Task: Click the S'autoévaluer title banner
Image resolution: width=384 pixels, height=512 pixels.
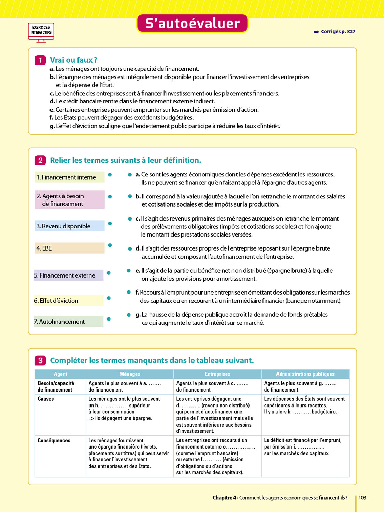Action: tap(192, 23)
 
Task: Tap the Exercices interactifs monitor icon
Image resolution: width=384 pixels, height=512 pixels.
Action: tap(41, 32)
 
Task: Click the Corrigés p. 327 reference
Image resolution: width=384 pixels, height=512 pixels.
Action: tap(335, 32)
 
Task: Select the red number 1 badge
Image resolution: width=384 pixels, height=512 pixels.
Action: tap(40, 60)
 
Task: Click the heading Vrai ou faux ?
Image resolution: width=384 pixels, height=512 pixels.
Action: tap(73, 60)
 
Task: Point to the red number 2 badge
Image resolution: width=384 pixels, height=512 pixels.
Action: tap(40, 160)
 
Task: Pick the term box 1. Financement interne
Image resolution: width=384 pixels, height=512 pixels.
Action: tap(70, 177)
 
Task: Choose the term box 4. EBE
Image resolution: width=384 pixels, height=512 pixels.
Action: tap(70, 248)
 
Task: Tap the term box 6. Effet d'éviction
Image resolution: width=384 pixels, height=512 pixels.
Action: tap(68, 301)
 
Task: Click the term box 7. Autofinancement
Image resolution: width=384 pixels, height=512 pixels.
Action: tap(68, 322)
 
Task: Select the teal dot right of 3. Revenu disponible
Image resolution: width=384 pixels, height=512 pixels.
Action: tap(110, 224)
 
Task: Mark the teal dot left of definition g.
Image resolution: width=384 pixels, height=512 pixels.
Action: tap(129, 315)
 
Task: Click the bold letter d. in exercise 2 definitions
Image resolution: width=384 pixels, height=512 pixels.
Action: tap(138, 248)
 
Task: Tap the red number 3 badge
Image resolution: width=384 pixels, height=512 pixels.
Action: tap(40, 360)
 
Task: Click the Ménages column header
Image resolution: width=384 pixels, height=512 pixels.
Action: tap(130, 374)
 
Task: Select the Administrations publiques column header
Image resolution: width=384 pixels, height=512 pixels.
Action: tap(305, 374)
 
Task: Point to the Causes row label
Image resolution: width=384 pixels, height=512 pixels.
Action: tap(46, 399)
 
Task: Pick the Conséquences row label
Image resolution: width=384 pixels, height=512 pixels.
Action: tap(54, 440)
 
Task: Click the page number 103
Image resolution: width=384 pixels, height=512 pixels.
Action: tap(362, 498)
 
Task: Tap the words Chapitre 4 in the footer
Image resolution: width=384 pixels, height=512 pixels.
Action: tap(224, 498)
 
